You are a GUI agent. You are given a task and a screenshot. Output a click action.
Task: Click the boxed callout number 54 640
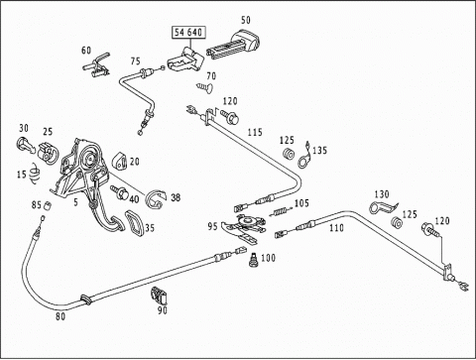(x=188, y=33)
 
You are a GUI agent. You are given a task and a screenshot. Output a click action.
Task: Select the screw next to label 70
(x=204, y=87)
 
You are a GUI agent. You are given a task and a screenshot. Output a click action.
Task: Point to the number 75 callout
(x=136, y=61)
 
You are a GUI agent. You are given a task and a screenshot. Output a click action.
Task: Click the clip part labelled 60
(x=96, y=65)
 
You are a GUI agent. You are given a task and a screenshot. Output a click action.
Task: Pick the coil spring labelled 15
(x=35, y=174)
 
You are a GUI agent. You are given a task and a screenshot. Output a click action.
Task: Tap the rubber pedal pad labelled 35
(x=135, y=223)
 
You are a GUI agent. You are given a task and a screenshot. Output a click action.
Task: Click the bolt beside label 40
(x=120, y=192)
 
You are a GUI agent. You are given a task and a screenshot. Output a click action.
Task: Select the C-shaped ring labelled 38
(x=155, y=199)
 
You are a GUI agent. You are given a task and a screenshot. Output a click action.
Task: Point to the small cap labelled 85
(x=48, y=205)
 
